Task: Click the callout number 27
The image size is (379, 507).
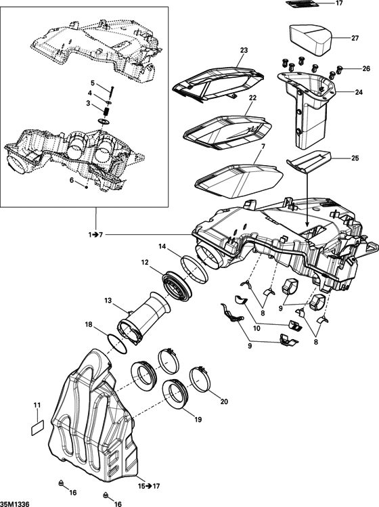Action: [x=355, y=38]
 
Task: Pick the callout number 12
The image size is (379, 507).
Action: [x=145, y=263]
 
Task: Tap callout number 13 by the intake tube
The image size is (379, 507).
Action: [x=108, y=300]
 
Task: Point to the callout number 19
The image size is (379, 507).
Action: [x=198, y=420]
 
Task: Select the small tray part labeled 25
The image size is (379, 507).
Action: [x=308, y=162]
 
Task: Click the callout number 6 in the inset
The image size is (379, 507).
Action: [x=72, y=181]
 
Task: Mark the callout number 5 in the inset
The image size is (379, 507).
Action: [x=93, y=83]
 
